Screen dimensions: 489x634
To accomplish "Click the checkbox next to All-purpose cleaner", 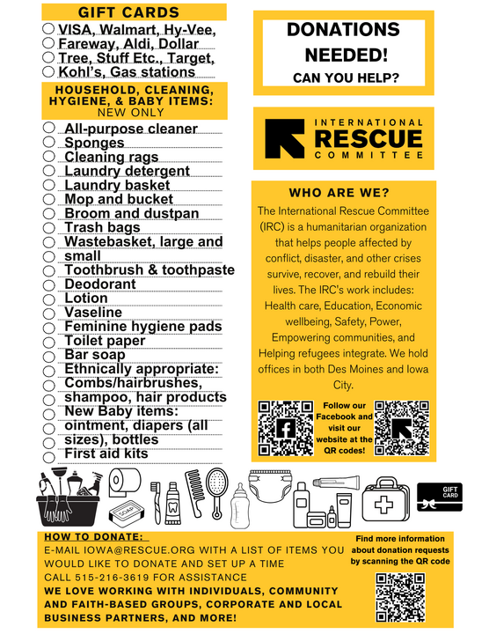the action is click(x=49, y=129).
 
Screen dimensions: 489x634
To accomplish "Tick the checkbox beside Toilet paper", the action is click(x=49, y=342).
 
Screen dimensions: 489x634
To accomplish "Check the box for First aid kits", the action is click(x=49, y=454).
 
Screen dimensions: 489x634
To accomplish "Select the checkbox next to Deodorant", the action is click(x=49, y=284).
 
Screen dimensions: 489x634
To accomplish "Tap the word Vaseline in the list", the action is click(x=93, y=313).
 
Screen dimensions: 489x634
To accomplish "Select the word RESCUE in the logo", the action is click(x=368, y=138).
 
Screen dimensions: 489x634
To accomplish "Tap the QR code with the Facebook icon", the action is click(x=284, y=427).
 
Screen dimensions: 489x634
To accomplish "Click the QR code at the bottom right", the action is click(x=401, y=597).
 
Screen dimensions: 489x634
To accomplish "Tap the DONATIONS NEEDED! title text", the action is click(x=344, y=41).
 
